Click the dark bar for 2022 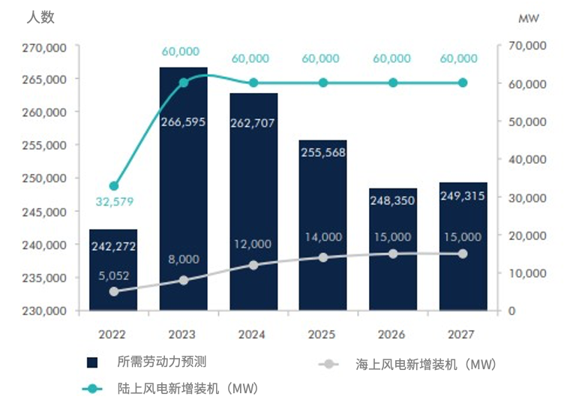[x=113, y=270]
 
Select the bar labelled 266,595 [x=184, y=188]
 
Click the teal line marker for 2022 [x=114, y=186]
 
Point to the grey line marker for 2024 [x=253, y=265]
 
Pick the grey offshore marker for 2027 [x=463, y=254]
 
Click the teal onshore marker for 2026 [x=393, y=83]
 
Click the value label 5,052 [x=114, y=275]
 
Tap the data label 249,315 [x=463, y=196]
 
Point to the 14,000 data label [x=323, y=237]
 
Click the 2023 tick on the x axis [x=184, y=333]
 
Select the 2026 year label [x=393, y=333]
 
